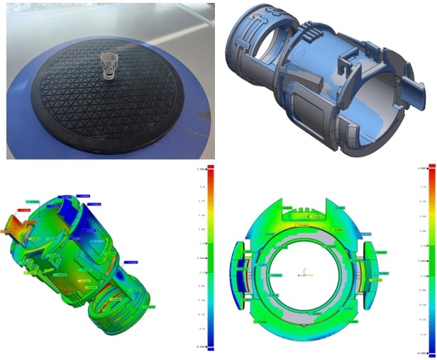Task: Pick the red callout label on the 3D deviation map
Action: tap(24, 210)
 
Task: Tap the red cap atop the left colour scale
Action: tap(202, 169)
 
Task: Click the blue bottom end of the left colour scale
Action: tap(202, 347)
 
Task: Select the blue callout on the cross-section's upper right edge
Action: tap(365, 232)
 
